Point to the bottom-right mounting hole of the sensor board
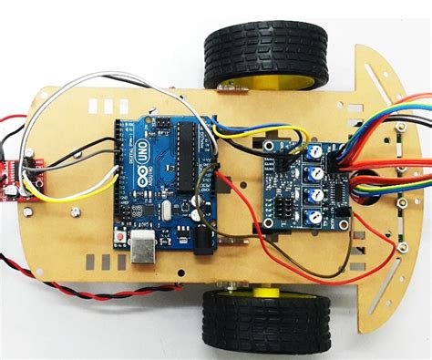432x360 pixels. (344, 221)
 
